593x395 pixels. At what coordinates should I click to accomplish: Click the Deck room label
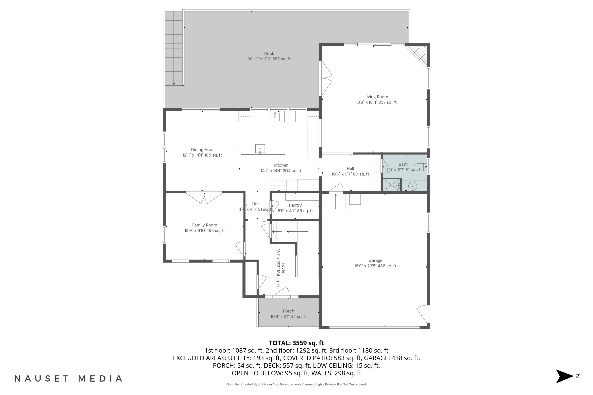coord(269,53)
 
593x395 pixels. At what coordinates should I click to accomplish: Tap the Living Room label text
coord(376,97)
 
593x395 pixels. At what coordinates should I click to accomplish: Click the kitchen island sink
coord(260,149)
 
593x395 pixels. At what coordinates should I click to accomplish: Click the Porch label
coord(288,311)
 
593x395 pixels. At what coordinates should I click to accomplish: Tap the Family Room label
coord(204,225)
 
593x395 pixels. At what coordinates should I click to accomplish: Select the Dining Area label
coord(202,150)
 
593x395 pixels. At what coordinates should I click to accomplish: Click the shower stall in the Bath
coord(391,185)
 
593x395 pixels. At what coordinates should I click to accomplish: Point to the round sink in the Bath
coord(413,186)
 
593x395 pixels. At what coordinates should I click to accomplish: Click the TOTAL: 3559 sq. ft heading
coord(296,343)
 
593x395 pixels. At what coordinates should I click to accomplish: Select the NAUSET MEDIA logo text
coord(68,379)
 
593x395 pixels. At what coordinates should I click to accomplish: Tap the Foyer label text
coord(283,268)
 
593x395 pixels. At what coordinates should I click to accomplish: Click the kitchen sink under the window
coord(275,116)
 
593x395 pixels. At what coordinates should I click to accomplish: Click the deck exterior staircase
coord(174,48)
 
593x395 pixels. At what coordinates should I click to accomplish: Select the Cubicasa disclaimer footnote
coord(296,384)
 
